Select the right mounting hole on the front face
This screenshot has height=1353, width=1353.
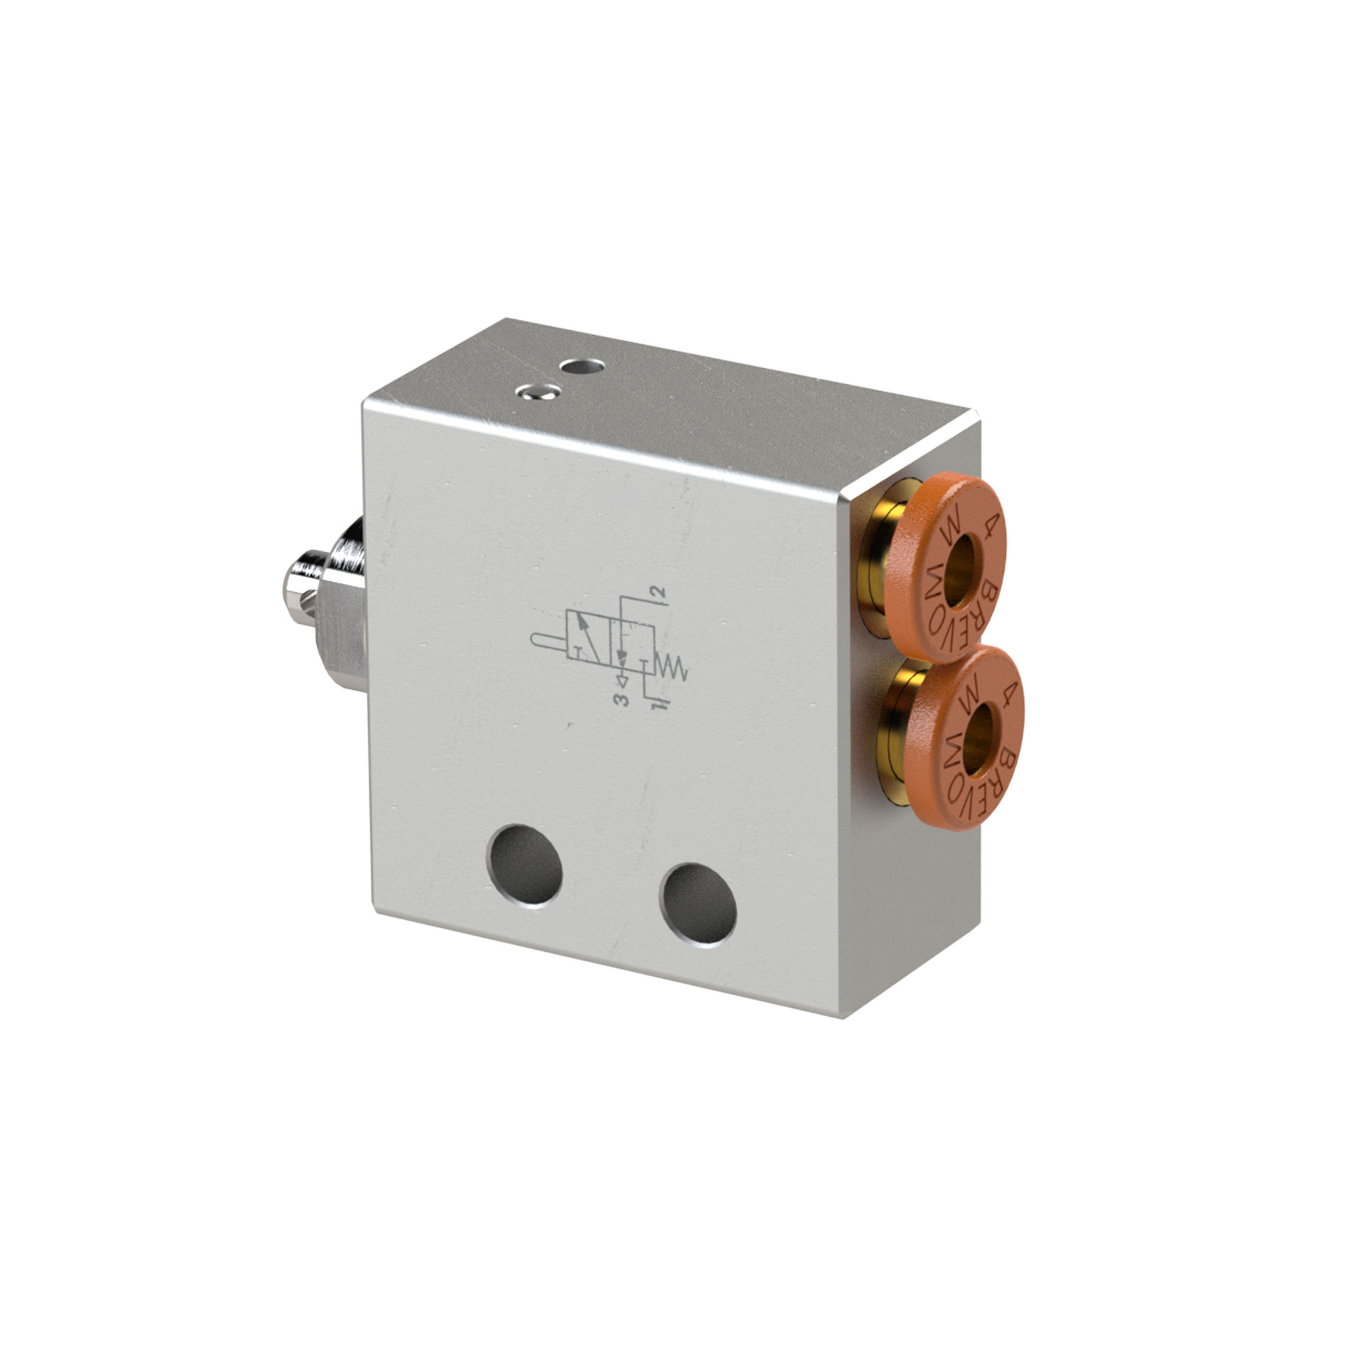pos(697,903)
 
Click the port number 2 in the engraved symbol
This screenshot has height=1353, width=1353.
pos(658,593)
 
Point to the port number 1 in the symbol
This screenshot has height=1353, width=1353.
pos(657,704)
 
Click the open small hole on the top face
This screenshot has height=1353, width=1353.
pos(583,365)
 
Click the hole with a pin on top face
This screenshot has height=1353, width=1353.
pos(537,392)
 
